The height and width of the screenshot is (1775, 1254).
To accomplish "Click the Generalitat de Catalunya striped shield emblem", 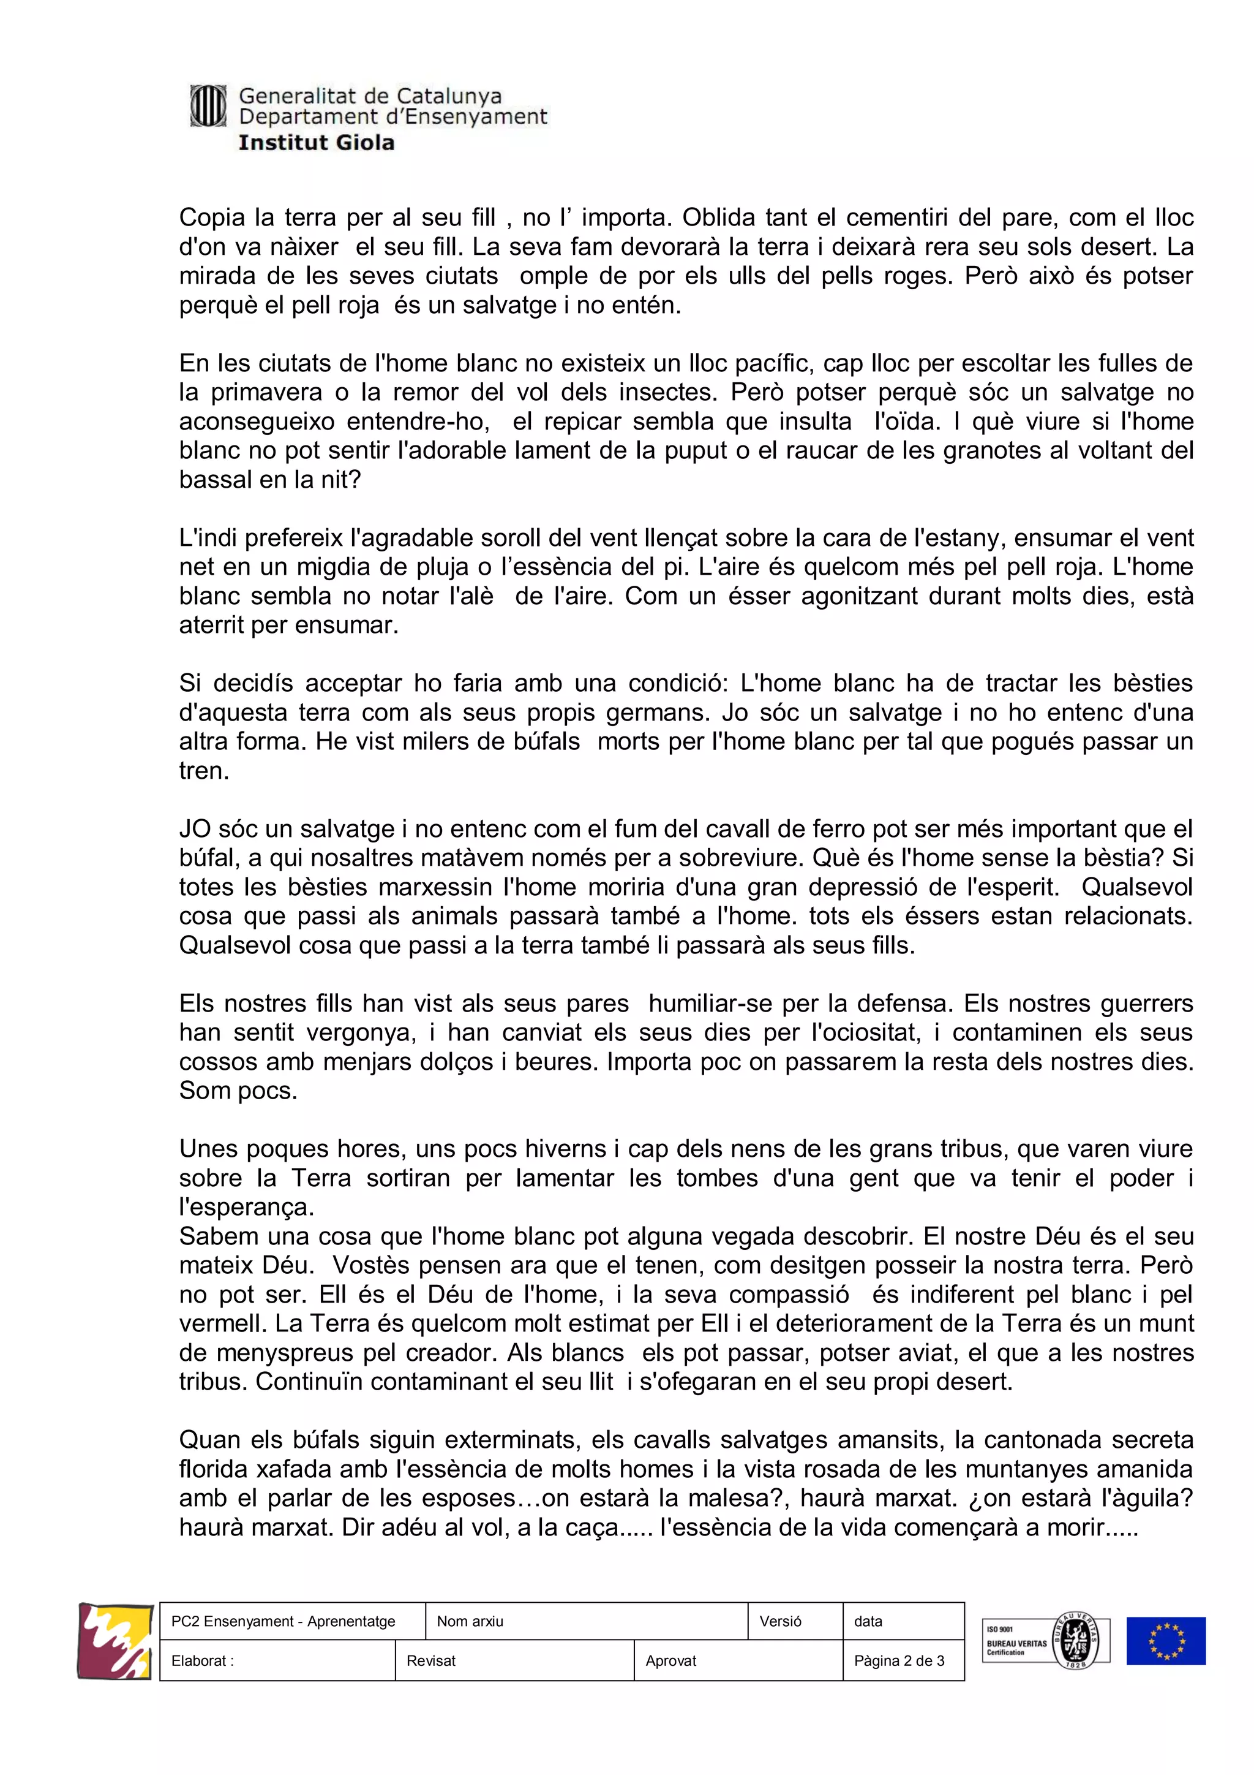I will tap(208, 106).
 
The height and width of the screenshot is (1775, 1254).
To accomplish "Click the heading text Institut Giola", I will tap(316, 143).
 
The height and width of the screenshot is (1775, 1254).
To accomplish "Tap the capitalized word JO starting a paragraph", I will tap(195, 829).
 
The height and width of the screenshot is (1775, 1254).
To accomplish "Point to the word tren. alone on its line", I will tap(204, 771).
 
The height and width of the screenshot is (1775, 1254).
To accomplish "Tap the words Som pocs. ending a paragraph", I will tap(238, 1091).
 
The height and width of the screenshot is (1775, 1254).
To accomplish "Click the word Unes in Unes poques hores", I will tap(209, 1149).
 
